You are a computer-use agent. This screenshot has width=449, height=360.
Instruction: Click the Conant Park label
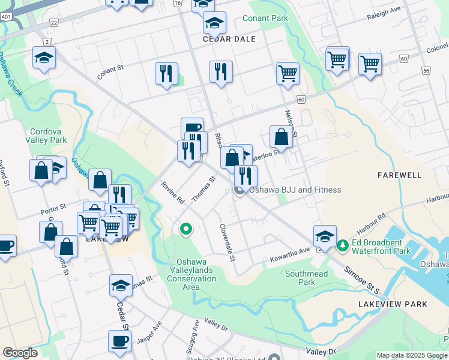(x=265, y=18)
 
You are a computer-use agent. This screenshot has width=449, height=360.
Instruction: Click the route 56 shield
(x=426, y=70)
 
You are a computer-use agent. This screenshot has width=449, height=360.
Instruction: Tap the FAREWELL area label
(x=400, y=175)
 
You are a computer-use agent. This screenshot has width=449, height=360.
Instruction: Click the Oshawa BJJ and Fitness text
(x=295, y=190)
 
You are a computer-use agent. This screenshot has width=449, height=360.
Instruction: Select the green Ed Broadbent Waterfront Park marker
(x=342, y=245)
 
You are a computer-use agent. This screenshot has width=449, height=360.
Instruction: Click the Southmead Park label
(x=306, y=277)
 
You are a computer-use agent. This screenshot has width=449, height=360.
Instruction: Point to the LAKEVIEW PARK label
(x=393, y=304)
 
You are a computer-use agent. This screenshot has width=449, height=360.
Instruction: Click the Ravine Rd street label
(x=172, y=193)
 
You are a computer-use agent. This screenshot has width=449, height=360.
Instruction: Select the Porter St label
(x=53, y=211)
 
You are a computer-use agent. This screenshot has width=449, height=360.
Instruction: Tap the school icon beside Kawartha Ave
(x=324, y=235)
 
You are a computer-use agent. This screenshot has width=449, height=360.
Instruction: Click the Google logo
(x=20, y=353)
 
